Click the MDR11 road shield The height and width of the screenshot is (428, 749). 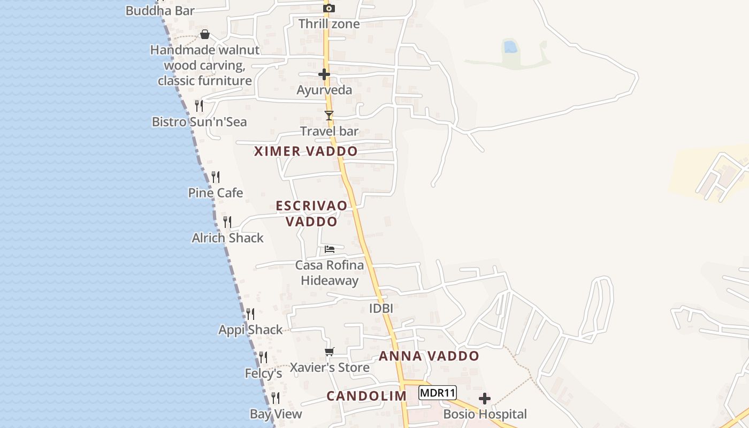(438, 393)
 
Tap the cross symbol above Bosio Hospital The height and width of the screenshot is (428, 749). (485, 399)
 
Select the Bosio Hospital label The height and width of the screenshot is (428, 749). (485, 414)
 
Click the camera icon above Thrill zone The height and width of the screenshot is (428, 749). (329, 8)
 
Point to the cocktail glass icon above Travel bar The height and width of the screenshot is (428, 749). (329, 116)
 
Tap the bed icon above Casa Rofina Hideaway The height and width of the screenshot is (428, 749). (330, 249)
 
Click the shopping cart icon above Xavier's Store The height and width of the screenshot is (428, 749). (330, 351)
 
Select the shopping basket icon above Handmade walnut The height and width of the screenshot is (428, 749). (205, 35)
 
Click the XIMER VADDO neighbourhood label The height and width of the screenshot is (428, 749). (306, 151)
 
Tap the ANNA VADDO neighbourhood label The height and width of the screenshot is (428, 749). (429, 356)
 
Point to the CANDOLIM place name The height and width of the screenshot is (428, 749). (366, 396)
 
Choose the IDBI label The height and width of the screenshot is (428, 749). (381, 308)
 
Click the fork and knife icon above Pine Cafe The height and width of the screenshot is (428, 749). (216, 177)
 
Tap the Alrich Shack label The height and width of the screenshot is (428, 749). (228, 238)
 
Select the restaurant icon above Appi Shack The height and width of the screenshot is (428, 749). (250, 314)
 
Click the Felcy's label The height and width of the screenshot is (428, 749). (263, 373)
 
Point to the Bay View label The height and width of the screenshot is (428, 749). (276, 414)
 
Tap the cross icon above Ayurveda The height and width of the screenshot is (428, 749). (324, 74)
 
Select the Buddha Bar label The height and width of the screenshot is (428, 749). (160, 10)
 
